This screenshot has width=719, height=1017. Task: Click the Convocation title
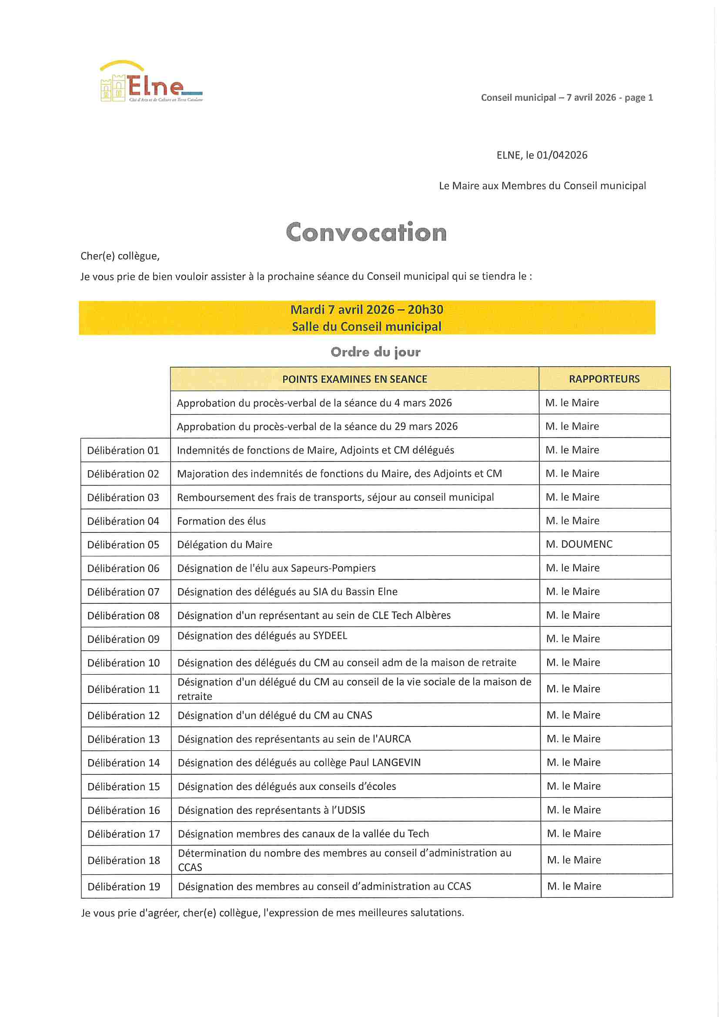366,232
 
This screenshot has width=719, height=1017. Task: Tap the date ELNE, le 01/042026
542,155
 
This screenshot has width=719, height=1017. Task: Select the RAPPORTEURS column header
604,379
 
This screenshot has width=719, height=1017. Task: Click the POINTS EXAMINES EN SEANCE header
354,379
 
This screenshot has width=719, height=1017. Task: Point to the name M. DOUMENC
579,544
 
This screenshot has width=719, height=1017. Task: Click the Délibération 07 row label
123,592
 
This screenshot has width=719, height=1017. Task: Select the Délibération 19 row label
124,887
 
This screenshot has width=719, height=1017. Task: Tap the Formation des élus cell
221,521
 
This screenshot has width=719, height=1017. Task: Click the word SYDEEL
330,636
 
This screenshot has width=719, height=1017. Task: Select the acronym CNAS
359,715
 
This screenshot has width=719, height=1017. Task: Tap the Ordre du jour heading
375,352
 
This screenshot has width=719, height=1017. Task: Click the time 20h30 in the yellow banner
425,310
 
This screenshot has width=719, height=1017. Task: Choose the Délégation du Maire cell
224,544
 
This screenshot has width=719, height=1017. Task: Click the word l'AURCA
391,739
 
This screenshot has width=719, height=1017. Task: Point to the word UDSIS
351,810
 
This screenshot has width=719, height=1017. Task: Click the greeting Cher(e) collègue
120,256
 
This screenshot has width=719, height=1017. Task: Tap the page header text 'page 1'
639,97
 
